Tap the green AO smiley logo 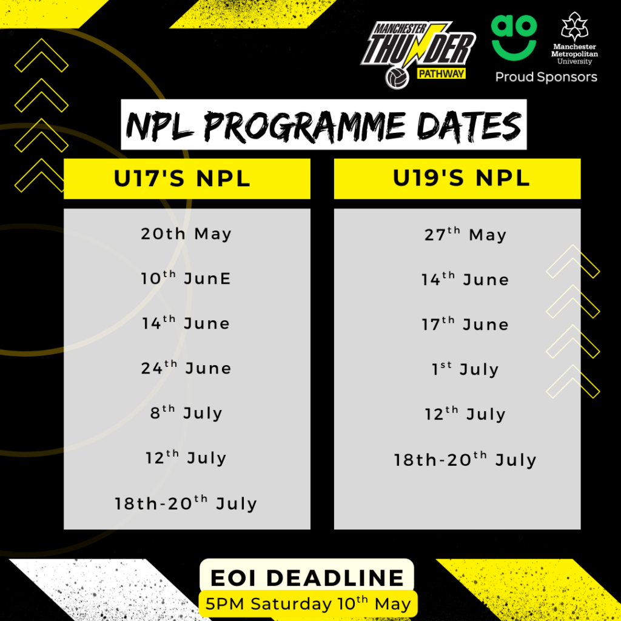(x=514, y=36)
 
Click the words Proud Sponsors (x=546, y=77)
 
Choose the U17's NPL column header (x=187, y=179)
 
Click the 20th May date (x=187, y=234)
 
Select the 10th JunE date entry (x=187, y=278)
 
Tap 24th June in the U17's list (x=187, y=368)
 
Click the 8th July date (x=187, y=413)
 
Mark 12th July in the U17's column (x=187, y=458)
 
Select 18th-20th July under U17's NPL (x=187, y=503)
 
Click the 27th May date (x=465, y=235)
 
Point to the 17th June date (x=465, y=324)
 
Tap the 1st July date (x=465, y=369)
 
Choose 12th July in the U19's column (x=465, y=414)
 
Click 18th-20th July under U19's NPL (x=465, y=460)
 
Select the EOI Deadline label (x=307, y=577)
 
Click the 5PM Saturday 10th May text (x=308, y=604)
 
